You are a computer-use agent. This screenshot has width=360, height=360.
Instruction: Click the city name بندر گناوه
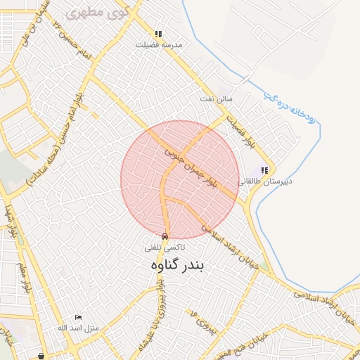tap(177, 265)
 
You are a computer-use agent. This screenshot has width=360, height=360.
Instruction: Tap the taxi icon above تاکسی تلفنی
tap(165, 237)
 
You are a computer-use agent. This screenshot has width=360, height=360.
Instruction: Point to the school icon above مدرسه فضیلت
tap(159, 34)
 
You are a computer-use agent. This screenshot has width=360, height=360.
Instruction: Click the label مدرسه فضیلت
tap(162, 44)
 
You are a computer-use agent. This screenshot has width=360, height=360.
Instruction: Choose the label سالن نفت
tap(217, 99)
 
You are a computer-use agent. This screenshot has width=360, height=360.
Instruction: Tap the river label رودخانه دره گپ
tap(288, 105)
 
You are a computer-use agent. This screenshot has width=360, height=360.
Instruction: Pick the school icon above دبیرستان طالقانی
tap(264, 170)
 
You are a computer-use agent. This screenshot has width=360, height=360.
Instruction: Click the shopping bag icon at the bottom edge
tap(42, 356)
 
